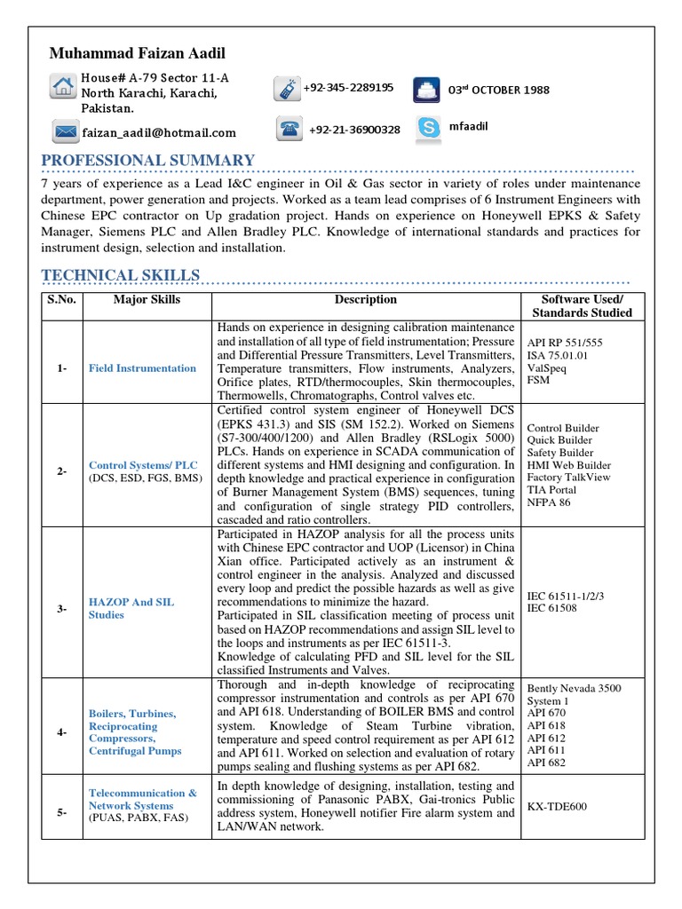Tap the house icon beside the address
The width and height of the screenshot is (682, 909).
pos(62,86)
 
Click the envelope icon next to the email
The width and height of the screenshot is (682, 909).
pos(63,132)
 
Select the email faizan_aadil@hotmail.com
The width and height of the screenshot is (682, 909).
pos(160,133)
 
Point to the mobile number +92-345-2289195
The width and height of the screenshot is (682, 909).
pos(348,88)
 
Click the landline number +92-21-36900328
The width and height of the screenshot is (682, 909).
pos(354,130)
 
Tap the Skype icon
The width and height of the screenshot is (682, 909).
pos(428,128)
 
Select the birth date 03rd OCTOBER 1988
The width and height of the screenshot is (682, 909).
pos(498,90)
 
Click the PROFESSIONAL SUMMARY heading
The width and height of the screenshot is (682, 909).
pos(148,161)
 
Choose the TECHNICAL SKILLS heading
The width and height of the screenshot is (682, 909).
pos(121,275)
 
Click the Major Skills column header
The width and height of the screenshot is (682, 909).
pos(147,300)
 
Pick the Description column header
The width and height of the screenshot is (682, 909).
pos(366,300)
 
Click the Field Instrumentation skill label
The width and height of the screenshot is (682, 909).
pos(142,368)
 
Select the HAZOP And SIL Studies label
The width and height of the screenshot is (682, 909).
pos(131,608)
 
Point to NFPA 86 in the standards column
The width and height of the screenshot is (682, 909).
pos(551,502)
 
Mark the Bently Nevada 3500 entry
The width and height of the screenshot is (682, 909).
pos(575,688)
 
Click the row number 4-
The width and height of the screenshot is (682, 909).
pos(62,732)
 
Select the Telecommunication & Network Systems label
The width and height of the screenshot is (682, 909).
pos(142,799)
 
